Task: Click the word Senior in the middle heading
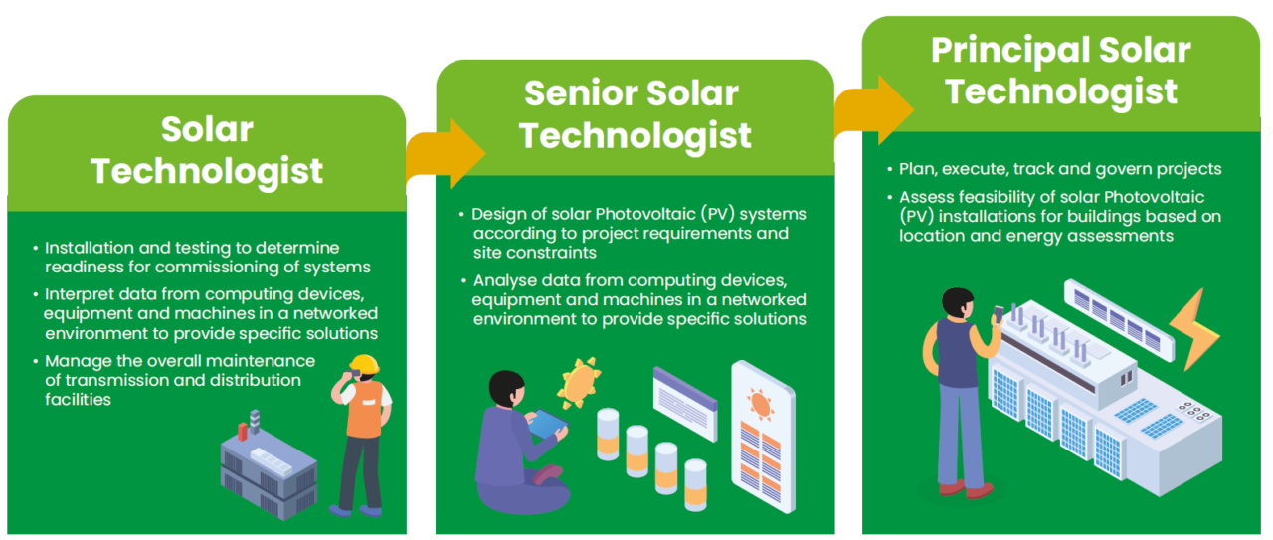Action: point(576,94)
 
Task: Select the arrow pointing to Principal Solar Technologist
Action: point(873,109)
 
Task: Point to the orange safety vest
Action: point(363,409)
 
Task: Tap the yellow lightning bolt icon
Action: point(1199,329)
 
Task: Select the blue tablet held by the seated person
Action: point(545,425)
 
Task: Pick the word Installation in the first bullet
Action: point(88,247)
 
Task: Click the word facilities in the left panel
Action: point(79,399)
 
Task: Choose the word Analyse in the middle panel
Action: point(504,281)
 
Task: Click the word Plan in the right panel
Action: point(916,169)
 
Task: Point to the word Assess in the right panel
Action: point(924,197)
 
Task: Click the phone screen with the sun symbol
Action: point(762,438)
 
